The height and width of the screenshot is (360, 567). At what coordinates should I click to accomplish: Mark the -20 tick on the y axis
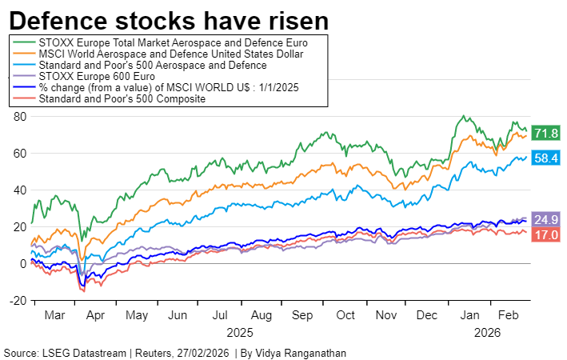tap(18, 300)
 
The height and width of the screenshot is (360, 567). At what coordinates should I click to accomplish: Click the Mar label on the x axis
tap(54, 315)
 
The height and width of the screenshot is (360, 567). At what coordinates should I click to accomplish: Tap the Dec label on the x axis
tap(429, 315)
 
